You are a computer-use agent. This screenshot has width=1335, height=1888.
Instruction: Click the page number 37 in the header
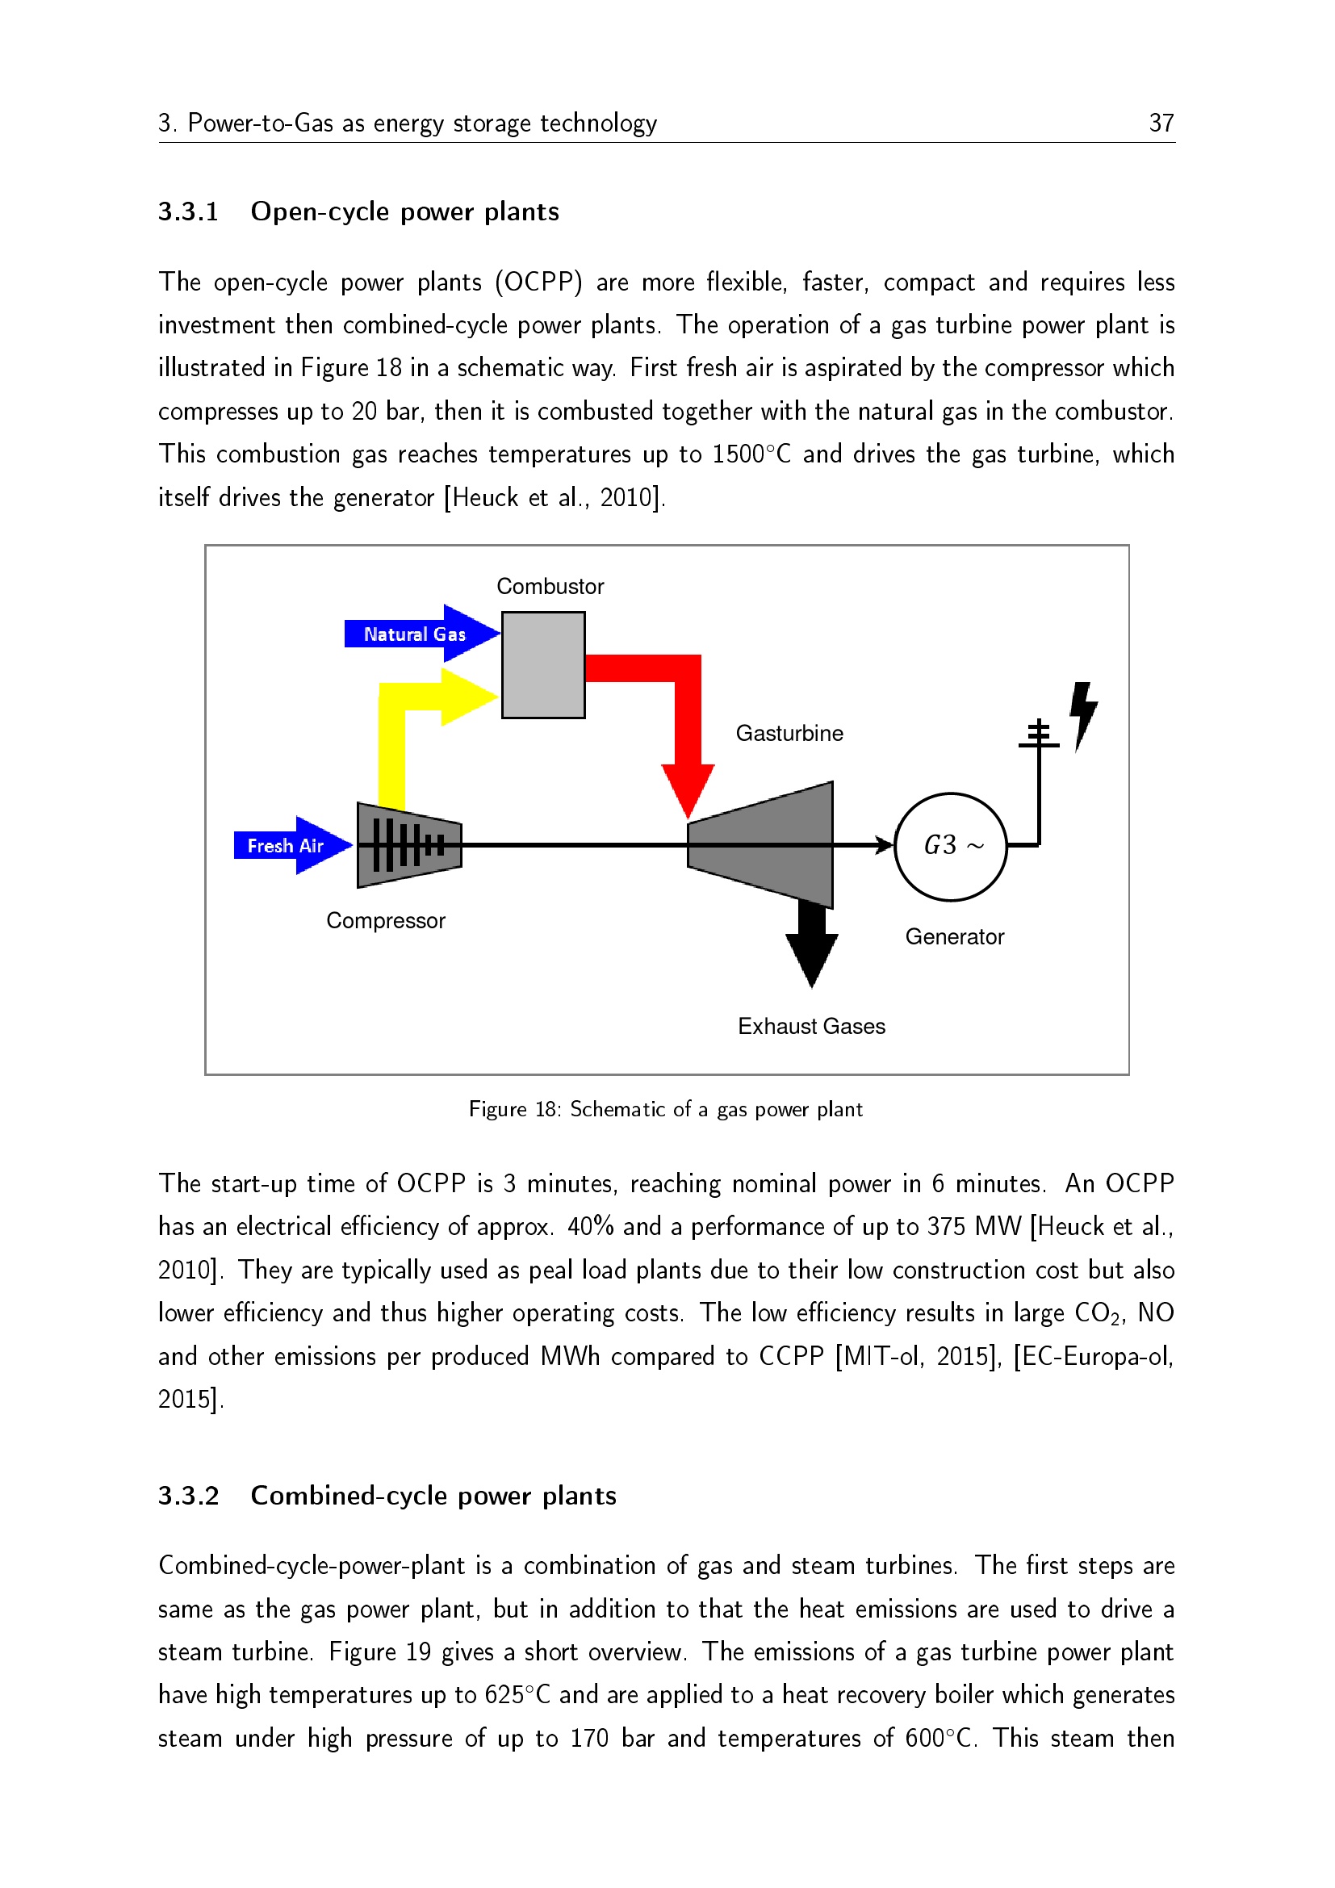[1161, 123]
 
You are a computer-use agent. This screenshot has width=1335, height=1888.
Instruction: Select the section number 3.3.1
[188, 212]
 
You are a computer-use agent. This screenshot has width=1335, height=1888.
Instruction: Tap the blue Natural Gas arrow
[419, 634]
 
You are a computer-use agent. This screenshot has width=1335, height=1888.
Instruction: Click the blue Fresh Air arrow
[291, 845]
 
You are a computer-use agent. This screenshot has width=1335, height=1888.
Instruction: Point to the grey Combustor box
[543, 664]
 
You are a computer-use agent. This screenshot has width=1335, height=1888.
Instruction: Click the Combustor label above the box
[550, 586]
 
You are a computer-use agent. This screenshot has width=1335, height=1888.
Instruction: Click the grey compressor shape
[408, 845]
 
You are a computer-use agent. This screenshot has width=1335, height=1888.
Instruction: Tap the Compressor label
[386, 920]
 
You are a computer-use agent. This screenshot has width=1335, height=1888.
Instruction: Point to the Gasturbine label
[789, 733]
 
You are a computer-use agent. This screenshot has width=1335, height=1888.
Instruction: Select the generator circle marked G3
[950, 846]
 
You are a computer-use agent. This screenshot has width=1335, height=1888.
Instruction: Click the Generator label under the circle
[954, 936]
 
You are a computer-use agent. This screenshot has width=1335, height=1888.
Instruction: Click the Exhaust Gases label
[811, 1026]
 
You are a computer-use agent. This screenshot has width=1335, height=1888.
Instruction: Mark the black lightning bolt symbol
[1083, 713]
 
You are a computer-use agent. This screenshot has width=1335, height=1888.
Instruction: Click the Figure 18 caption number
[546, 1109]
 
